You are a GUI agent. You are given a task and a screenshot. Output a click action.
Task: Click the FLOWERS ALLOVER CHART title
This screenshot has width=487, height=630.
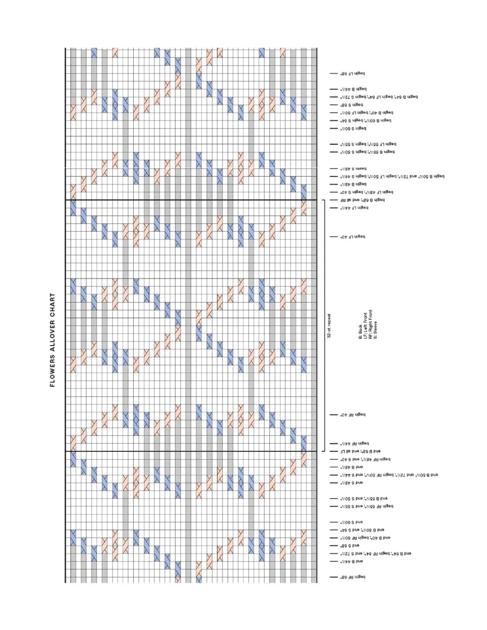coord(52,340)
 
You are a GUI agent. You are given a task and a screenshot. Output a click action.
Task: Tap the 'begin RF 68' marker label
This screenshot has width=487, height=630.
coord(353,577)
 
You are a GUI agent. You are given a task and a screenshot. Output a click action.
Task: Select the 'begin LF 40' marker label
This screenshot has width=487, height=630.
coord(353,237)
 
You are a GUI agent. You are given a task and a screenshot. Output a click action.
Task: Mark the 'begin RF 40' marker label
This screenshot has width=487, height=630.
coord(353,415)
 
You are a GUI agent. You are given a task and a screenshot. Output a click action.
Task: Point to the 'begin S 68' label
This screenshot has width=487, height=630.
coord(352,105)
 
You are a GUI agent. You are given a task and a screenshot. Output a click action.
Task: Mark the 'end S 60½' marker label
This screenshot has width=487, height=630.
coord(352,522)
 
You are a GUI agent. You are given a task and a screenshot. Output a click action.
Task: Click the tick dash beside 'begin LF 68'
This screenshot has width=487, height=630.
coord(334,74)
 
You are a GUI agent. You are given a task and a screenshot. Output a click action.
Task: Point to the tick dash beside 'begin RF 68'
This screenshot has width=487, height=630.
coord(334,577)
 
